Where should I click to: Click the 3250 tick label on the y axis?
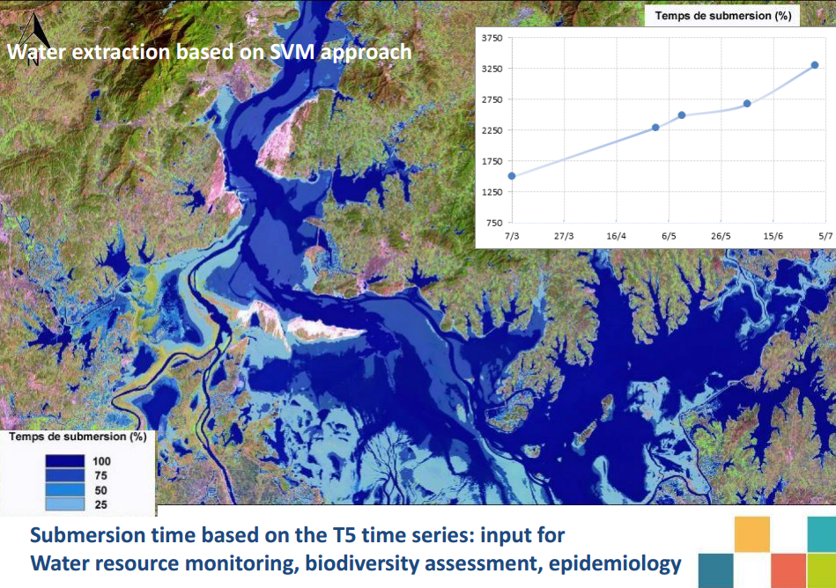pyautogui.click(x=492, y=69)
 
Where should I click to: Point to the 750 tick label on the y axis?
pyautogui.click(x=494, y=223)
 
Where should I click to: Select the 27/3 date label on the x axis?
pyautogui.click(x=564, y=236)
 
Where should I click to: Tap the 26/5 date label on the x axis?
pyautogui.click(x=721, y=236)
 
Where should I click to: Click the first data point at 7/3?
pyautogui.click(x=512, y=176)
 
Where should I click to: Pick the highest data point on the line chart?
pyautogui.click(x=815, y=65)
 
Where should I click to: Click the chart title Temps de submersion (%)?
pyautogui.click(x=723, y=16)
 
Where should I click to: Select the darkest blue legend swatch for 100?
pyautogui.click(x=64, y=460)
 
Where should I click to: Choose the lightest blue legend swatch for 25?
pyautogui.click(x=64, y=503)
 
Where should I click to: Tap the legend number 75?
pyautogui.click(x=100, y=475)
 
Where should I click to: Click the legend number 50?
pyautogui.click(x=100, y=490)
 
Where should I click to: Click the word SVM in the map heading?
pyautogui.click(x=292, y=52)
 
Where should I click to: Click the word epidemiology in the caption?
pyautogui.click(x=615, y=563)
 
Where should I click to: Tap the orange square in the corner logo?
pyautogui.click(x=751, y=533)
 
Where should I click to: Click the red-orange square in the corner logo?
pyautogui.click(x=788, y=570)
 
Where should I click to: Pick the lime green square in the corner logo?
pyautogui.click(x=821, y=570)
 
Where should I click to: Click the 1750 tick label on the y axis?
pyautogui.click(x=492, y=161)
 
